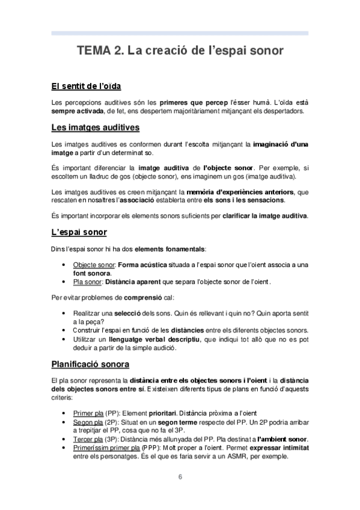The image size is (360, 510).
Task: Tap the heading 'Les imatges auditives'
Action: [x=96, y=127]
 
